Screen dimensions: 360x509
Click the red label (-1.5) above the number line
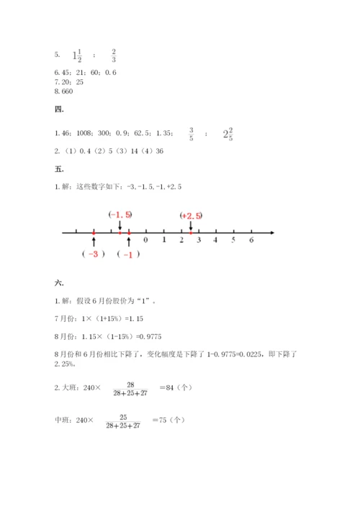coord(120,215)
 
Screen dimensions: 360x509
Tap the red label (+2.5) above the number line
coord(192,215)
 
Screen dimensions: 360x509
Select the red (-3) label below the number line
coord(94,254)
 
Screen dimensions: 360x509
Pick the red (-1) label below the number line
coord(128,254)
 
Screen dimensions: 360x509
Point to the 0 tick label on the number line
coord(146,240)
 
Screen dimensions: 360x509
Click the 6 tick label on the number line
coord(251,240)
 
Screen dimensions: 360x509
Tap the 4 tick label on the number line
coord(216,240)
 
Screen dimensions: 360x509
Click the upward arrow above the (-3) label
coord(94,243)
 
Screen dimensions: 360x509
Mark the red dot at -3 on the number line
coord(94,233)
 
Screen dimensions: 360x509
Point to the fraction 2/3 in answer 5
coord(114,55)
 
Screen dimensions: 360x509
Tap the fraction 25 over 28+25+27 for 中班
coord(122,421)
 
